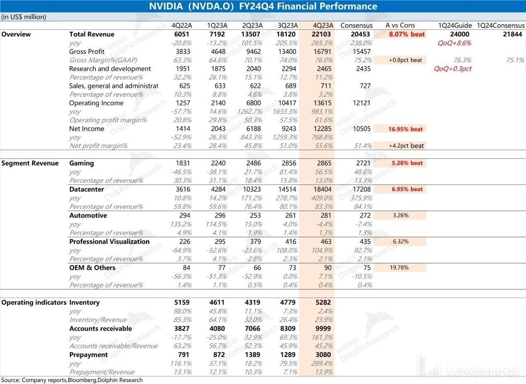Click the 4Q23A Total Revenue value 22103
(322, 34)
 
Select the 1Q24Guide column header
(455, 25)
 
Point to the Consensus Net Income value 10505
(360, 129)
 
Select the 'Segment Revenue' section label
(30, 163)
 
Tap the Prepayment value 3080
(323, 355)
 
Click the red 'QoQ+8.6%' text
(454, 43)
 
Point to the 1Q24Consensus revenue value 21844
(512, 34)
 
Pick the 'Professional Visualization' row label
(109, 241)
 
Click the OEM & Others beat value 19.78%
(399, 267)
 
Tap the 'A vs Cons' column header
(400, 25)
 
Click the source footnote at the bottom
(72, 380)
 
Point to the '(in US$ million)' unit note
(24, 17)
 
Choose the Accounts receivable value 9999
(322, 328)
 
